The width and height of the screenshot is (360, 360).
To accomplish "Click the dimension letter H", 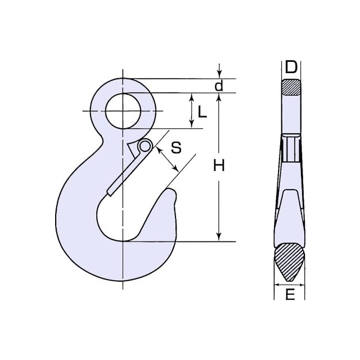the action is coord(219,165).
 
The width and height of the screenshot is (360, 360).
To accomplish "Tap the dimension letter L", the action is coord(202,112).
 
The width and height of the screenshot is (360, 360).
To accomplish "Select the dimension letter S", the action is coord(176,147).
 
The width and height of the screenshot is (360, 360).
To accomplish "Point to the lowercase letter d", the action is coord(219,86).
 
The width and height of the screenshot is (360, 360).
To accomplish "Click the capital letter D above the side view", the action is coord(291,67).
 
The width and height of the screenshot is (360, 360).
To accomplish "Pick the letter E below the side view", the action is coord(290,294).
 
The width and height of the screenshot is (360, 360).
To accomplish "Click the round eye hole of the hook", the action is coord(123,111).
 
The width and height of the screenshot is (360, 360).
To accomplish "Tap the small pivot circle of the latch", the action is coord(145,146).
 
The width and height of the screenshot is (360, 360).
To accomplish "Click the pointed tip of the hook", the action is coord(171,190).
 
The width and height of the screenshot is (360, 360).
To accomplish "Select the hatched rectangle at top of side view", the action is coord(291,88).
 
